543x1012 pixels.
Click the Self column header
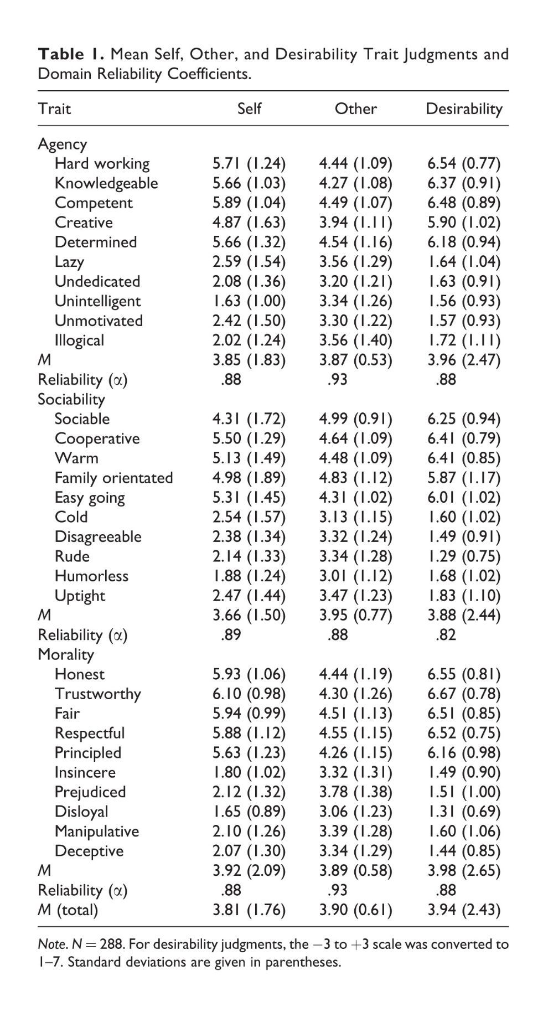[x=249, y=108]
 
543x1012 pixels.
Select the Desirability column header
[x=464, y=109]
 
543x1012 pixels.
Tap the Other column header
[x=355, y=108]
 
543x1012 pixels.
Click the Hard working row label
[x=102, y=163]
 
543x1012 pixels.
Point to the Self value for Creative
[x=249, y=222]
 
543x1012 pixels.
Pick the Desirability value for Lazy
[x=464, y=261]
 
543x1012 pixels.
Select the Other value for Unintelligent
[x=355, y=301]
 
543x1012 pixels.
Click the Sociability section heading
[x=71, y=399]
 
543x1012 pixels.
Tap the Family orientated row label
[x=113, y=477]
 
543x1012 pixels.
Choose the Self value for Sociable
[x=249, y=419]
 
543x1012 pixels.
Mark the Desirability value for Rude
[x=464, y=556]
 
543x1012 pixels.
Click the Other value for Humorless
[x=355, y=576]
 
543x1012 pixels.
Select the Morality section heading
[x=66, y=654]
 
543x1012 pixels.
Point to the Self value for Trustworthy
[x=249, y=694]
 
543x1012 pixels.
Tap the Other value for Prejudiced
[x=355, y=792]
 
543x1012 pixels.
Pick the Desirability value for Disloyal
[x=464, y=811]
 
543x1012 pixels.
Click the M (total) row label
[x=68, y=910]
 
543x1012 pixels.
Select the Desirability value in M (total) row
[x=464, y=910]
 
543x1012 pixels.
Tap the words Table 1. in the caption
[x=70, y=54]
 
